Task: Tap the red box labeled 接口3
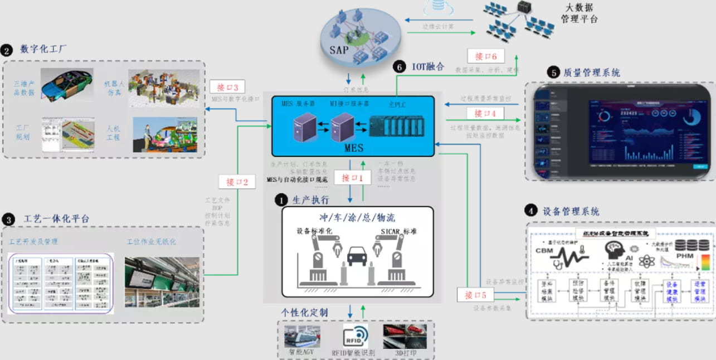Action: (x=227, y=87)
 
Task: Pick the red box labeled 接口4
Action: (x=485, y=113)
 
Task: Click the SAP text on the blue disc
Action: (x=339, y=50)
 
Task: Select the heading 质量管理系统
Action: (x=591, y=72)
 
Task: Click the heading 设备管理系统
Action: (x=571, y=211)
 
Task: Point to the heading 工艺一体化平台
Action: (x=56, y=218)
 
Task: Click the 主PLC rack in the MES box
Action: (x=397, y=124)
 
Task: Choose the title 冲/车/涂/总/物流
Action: (x=357, y=217)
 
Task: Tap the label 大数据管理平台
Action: (x=579, y=14)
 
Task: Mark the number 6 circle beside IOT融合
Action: (x=399, y=67)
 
